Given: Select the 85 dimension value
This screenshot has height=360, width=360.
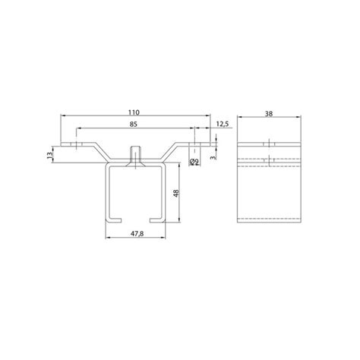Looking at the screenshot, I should pyautogui.click(x=134, y=123).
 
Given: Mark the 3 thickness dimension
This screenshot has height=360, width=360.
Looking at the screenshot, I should pyautogui.click(x=214, y=158).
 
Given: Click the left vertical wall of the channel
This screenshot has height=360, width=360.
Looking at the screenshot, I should pyautogui.click(x=106, y=193).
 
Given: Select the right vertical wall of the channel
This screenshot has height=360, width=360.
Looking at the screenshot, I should pyautogui.click(x=166, y=193).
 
